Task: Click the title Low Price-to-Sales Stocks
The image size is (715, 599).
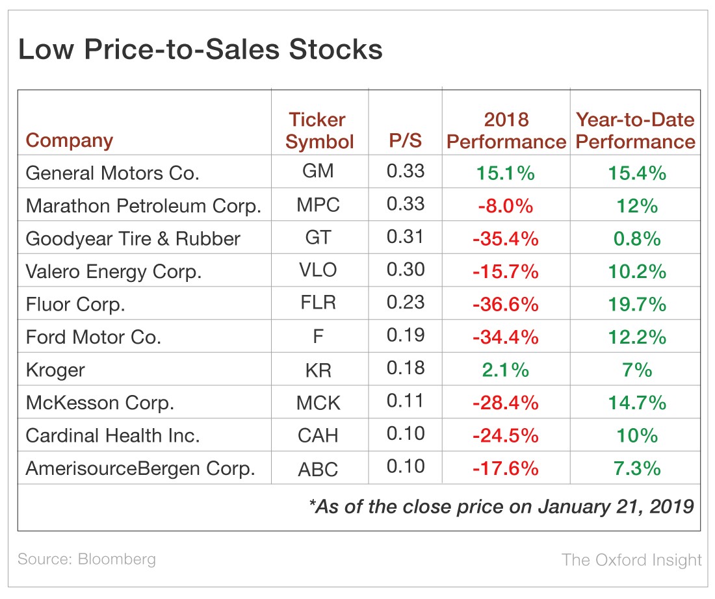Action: (200, 51)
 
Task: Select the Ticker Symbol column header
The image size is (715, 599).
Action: (318, 131)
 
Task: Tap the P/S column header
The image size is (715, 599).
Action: (405, 141)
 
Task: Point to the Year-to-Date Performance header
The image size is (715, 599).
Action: (635, 131)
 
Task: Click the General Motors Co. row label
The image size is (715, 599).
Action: (112, 173)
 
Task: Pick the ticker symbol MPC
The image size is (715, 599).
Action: (318, 205)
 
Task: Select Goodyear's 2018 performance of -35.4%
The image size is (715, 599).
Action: (506, 238)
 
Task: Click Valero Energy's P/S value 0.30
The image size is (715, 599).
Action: (405, 269)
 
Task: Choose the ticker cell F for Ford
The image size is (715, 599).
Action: (318, 337)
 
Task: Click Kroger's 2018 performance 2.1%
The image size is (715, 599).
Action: (506, 370)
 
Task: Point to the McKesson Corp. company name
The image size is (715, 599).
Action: (100, 403)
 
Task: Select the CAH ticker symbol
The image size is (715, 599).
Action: (318, 435)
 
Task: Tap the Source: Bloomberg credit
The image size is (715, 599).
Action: (86, 559)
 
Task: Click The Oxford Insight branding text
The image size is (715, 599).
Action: (631, 559)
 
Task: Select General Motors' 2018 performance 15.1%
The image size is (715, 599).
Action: (506, 173)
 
